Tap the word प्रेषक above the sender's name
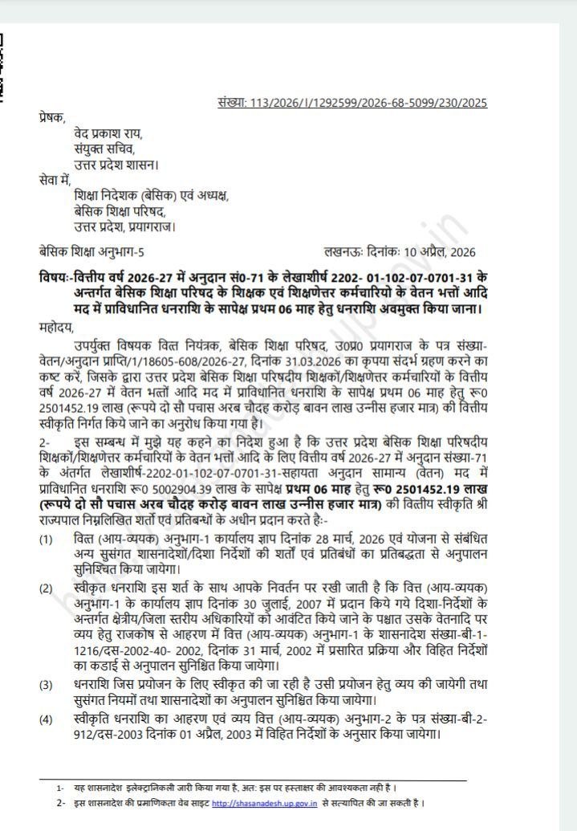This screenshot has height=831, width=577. point(52,118)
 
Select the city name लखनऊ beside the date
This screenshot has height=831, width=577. point(344,252)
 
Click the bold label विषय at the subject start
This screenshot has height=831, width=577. point(53,276)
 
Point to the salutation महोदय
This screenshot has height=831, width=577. point(55,327)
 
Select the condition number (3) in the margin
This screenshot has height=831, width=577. point(47,684)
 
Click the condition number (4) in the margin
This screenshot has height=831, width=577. point(47,719)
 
